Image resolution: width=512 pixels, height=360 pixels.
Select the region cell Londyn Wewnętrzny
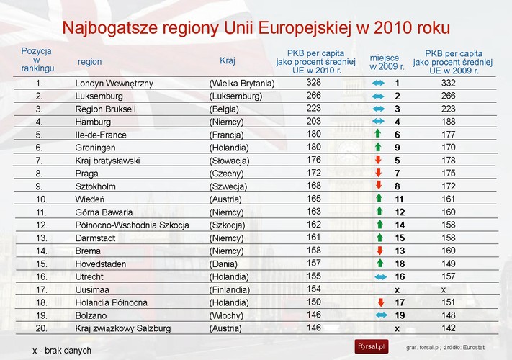point(114,84)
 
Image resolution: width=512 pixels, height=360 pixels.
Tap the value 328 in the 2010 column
point(313,84)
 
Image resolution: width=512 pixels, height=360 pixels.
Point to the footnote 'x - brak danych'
point(62,350)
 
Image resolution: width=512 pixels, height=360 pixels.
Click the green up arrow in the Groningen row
point(378,148)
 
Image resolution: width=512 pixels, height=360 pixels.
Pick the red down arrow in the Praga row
point(378,174)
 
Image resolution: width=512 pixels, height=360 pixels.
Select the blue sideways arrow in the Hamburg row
point(379,122)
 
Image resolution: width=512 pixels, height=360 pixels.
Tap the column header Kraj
point(228,61)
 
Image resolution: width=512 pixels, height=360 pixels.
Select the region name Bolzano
point(91,315)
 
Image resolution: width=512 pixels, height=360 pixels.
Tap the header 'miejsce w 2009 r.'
point(387,61)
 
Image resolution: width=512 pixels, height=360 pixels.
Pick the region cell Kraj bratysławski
point(107,161)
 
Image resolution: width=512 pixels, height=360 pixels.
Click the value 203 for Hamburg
point(313,122)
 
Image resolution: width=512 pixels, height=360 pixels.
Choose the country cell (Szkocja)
point(229,225)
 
